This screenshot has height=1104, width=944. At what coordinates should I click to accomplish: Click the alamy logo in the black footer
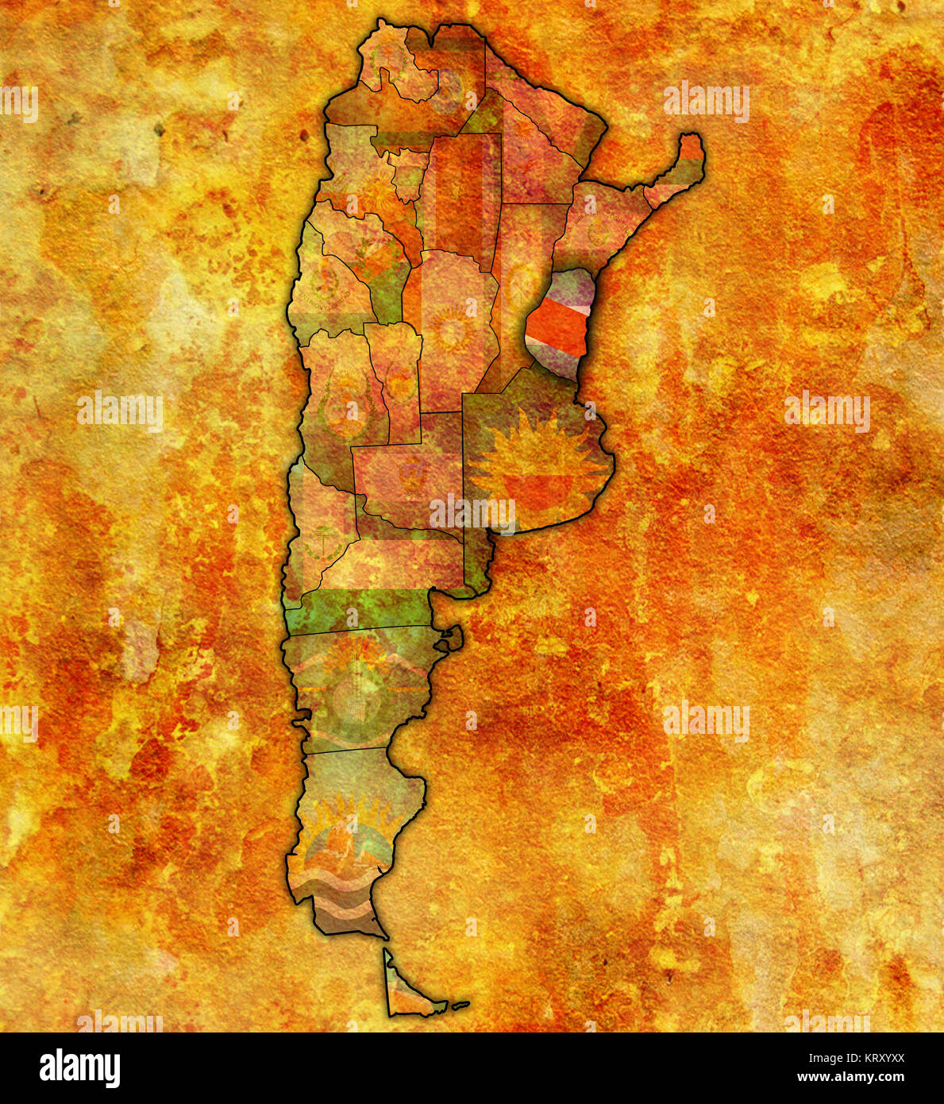point(80,1068)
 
